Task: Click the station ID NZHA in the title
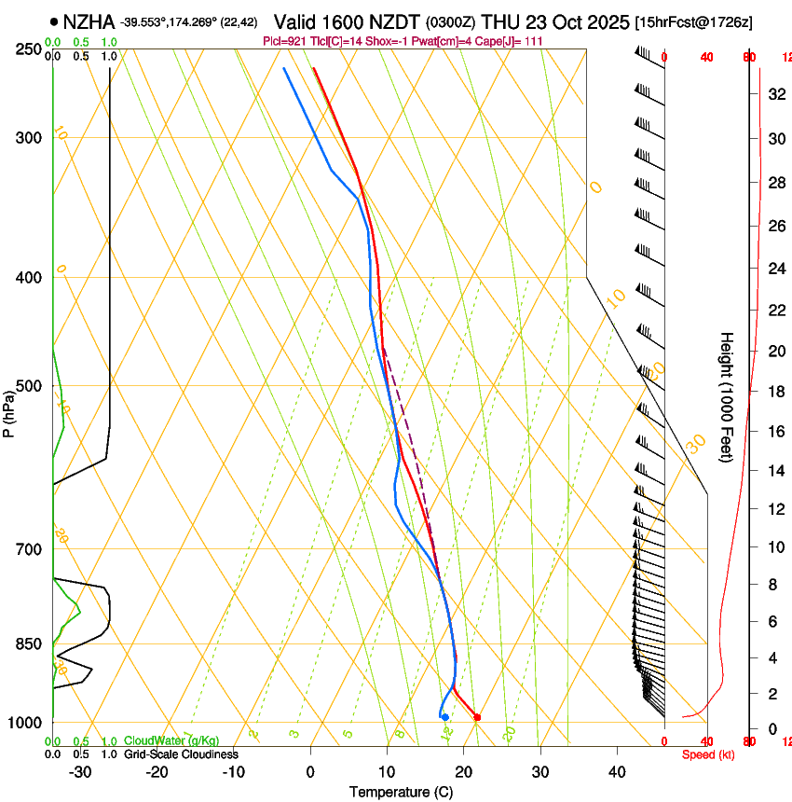point(89,21)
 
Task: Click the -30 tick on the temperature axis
point(80,771)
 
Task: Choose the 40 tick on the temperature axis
point(616,771)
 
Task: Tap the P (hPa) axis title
point(9,410)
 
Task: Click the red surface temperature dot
point(477,717)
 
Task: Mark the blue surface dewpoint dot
point(445,717)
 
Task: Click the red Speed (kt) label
point(707,754)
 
